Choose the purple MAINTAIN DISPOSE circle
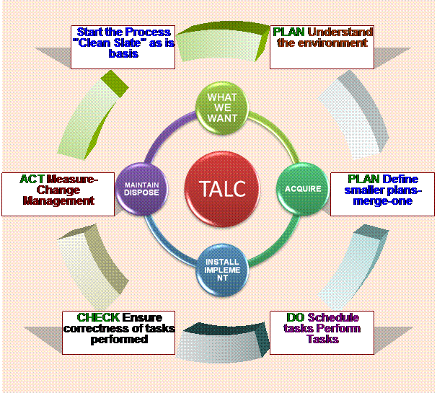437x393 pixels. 142,189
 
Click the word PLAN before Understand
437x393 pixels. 288,32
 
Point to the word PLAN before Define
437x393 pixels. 363,179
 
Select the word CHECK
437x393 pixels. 98,317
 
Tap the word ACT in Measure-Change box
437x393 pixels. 32,179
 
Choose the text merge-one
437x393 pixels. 389,201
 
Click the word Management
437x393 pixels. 58,200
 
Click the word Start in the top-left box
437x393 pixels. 90,32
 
